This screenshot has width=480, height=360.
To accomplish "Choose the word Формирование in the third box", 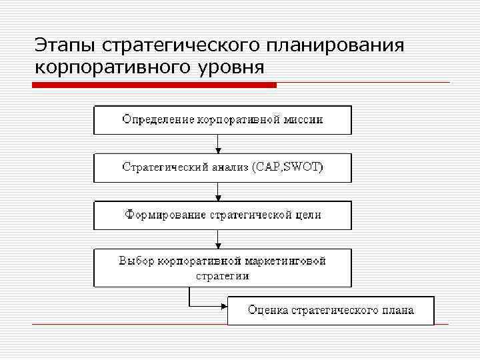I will (x=165, y=215).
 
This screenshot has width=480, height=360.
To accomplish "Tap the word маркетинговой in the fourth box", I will (x=289, y=261).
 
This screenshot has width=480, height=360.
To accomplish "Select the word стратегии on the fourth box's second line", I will (x=223, y=275).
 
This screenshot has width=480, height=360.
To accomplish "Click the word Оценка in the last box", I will (x=266, y=310).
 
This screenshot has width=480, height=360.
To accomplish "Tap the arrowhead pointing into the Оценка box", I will (x=223, y=307).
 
